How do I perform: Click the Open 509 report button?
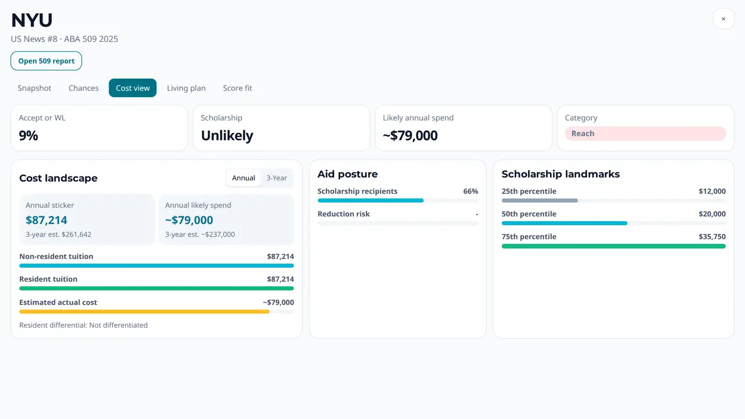pyautogui.click(x=46, y=61)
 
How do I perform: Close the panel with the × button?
pyautogui.click(x=723, y=19)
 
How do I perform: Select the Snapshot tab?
pyautogui.click(x=34, y=88)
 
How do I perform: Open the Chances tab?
pyautogui.click(x=83, y=88)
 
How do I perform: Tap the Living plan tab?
pyautogui.click(x=186, y=88)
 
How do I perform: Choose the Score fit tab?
pyautogui.click(x=237, y=88)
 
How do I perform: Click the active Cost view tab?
pyautogui.click(x=133, y=88)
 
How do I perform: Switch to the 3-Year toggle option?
pyautogui.click(x=276, y=178)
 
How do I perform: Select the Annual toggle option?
pyautogui.click(x=243, y=178)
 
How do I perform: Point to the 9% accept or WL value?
pyautogui.click(x=29, y=136)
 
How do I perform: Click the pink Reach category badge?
pyautogui.click(x=645, y=133)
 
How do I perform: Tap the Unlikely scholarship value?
pyautogui.click(x=227, y=136)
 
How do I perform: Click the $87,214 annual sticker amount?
pyautogui.click(x=46, y=220)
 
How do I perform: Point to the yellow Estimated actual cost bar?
pyautogui.click(x=144, y=311)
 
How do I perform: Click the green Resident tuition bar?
pyautogui.click(x=157, y=288)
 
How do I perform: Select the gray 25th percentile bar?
pyautogui.click(x=540, y=201)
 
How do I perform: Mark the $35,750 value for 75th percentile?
pyautogui.click(x=712, y=236)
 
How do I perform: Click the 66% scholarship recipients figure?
pyautogui.click(x=471, y=191)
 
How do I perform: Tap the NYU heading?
pyautogui.click(x=32, y=20)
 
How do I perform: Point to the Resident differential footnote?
pyautogui.click(x=83, y=325)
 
